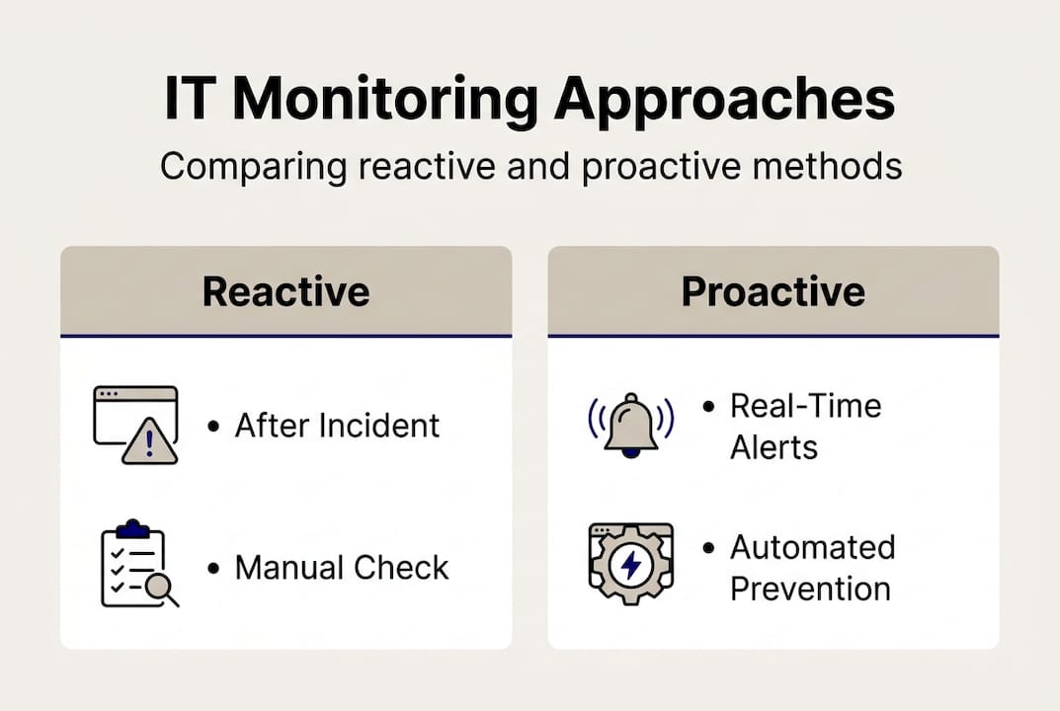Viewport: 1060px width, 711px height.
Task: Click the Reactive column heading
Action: (x=285, y=292)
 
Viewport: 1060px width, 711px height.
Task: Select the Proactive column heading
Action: (x=773, y=292)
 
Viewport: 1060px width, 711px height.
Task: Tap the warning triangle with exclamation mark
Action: (x=150, y=441)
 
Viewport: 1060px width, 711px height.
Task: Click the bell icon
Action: (x=630, y=425)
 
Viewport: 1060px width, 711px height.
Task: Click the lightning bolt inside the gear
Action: (x=631, y=564)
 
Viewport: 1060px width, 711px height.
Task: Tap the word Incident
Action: (x=379, y=426)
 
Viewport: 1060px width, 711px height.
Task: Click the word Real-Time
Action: (x=806, y=406)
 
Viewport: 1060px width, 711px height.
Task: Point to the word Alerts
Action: (x=775, y=447)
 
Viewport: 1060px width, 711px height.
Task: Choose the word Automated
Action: (x=813, y=547)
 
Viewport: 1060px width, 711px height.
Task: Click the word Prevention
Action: (x=810, y=590)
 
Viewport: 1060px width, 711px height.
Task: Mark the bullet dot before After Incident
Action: (x=213, y=427)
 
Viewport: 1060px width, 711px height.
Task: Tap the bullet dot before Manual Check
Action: (x=213, y=569)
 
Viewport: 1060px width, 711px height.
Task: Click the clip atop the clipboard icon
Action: (x=132, y=528)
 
